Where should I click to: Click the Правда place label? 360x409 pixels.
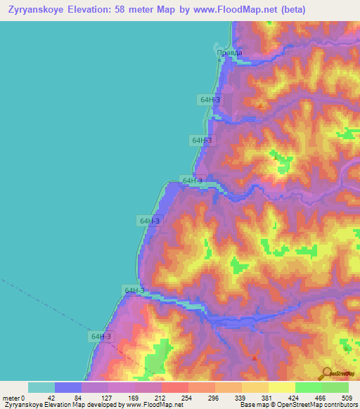pos(229,53)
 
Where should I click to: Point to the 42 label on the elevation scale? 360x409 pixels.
pos(50,398)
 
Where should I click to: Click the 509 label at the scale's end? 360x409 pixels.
pos(345,398)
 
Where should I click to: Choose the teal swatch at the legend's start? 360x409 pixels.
pos(41,387)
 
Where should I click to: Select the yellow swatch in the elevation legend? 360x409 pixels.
pos(282,387)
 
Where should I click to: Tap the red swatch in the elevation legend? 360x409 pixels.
pos(175,387)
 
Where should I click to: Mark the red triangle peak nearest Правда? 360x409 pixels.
pos(262,106)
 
